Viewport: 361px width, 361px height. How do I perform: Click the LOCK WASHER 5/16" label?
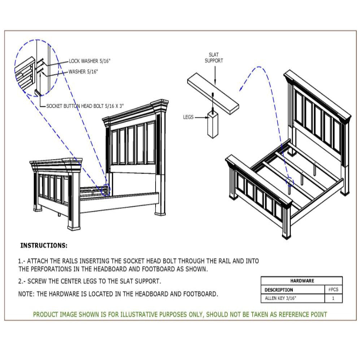click(x=90, y=61)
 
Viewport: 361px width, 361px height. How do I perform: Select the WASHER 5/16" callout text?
click(x=83, y=72)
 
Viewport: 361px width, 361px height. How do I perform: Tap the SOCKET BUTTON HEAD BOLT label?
click(x=85, y=106)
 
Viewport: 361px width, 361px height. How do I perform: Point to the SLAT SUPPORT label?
click(x=214, y=58)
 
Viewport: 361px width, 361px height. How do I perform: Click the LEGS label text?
click(x=188, y=117)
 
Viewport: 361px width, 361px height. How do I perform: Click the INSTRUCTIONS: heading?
click(x=44, y=245)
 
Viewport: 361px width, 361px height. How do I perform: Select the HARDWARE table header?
click(x=302, y=280)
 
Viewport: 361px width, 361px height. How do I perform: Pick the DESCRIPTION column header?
click(x=279, y=290)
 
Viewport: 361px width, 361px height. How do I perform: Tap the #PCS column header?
click(x=333, y=290)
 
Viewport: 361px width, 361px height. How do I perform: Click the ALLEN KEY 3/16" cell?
click(x=278, y=298)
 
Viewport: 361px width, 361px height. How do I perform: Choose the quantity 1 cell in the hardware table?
click(x=333, y=298)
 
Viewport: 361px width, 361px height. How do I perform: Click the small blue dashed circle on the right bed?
click(x=290, y=181)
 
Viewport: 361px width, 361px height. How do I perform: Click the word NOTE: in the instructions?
click(x=26, y=294)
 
